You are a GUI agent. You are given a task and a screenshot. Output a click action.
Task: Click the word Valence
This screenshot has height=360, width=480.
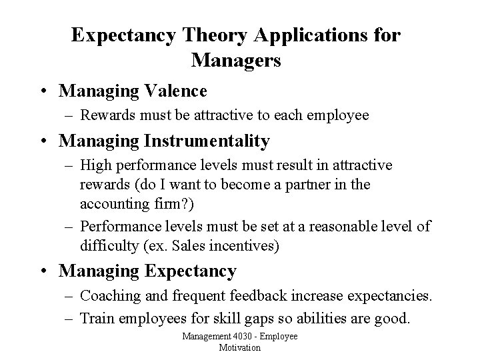coord(174,89)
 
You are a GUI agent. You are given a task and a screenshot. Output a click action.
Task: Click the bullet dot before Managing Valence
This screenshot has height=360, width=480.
coord(45,90)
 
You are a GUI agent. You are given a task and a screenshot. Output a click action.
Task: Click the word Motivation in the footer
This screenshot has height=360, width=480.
coord(240,348)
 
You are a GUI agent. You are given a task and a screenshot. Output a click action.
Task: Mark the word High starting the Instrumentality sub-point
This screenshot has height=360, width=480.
coord(96,165)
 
